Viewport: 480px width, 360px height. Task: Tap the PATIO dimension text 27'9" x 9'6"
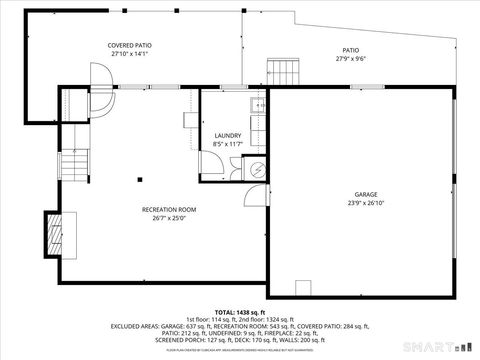coord(351,58)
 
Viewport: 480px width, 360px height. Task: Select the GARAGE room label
coord(366,194)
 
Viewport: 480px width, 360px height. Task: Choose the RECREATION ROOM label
coord(169,209)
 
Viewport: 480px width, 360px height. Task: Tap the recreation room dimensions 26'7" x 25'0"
coord(169,217)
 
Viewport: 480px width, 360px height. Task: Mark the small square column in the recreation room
coord(139,181)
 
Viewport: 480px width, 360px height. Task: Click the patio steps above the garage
coord(283,72)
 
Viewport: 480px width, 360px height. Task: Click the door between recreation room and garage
coord(258,195)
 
